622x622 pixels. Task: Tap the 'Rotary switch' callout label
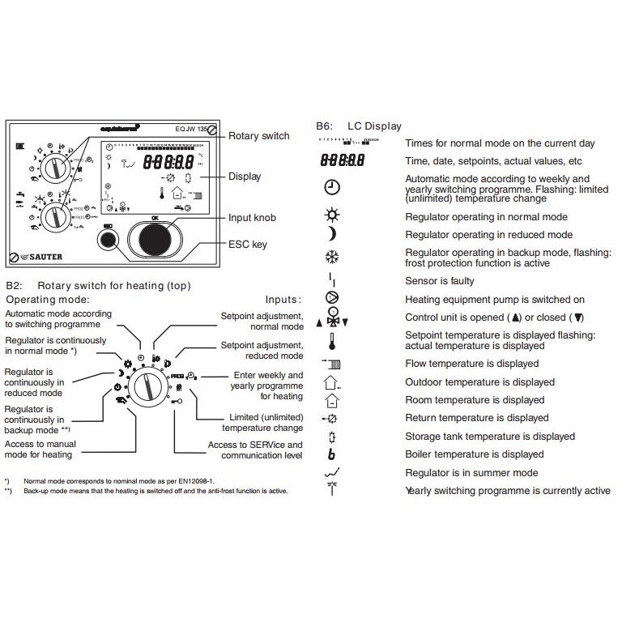(x=258, y=136)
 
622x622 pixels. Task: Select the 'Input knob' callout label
(x=252, y=218)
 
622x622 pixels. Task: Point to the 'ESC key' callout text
(x=247, y=244)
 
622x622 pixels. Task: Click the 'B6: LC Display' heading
(x=359, y=126)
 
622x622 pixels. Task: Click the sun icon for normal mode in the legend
(x=331, y=216)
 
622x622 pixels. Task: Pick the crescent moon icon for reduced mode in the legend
(x=331, y=234)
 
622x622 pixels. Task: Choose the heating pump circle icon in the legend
(x=331, y=299)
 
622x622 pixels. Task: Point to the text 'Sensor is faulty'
(x=440, y=281)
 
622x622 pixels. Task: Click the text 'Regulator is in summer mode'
(x=471, y=473)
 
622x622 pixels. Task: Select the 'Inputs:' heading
(x=283, y=300)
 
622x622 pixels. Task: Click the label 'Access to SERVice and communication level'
(x=255, y=449)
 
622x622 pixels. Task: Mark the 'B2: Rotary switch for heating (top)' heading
(x=97, y=286)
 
